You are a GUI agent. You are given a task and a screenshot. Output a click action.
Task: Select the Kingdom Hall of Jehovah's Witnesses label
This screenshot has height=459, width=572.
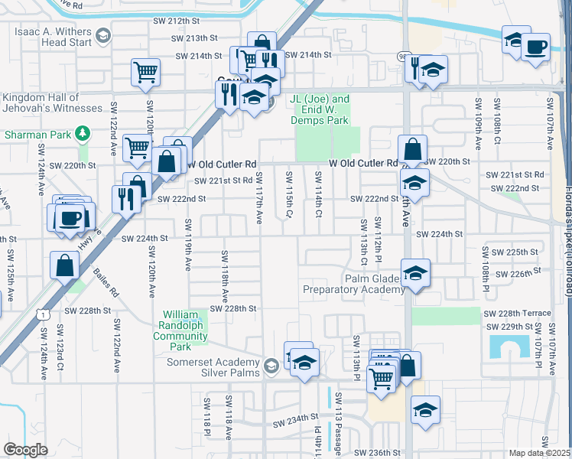point(51,103)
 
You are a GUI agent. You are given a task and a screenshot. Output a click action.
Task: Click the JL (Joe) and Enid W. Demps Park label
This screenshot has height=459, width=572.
point(320,109)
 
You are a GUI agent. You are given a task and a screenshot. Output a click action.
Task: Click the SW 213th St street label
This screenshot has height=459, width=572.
point(194,38)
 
